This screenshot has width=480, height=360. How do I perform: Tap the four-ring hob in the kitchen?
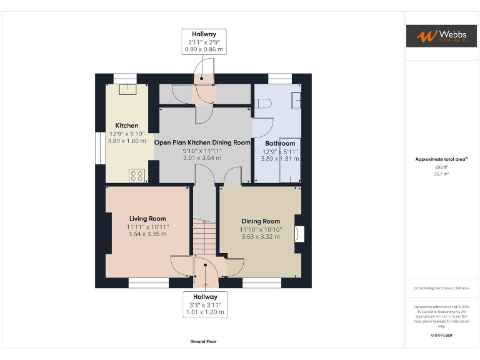pyautogui.click(x=137, y=176)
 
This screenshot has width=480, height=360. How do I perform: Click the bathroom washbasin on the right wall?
pyautogui.click(x=296, y=99)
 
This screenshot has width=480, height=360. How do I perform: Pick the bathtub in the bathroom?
pyautogui.click(x=291, y=160)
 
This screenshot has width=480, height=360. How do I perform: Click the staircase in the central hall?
pyautogui.click(x=203, y=236)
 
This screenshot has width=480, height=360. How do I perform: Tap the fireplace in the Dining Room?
pyautogui.click(x=299, y=233)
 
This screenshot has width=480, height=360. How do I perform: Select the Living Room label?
pyautogui.click(x=147, y=219)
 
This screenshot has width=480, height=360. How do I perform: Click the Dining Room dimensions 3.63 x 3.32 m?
pyautogui.click(x=261, y=237)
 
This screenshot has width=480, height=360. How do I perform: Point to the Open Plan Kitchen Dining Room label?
pyautogui.click(x=202, y=142)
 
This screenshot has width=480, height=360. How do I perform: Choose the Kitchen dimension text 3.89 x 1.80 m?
pyautogui.click(x=127, y=141)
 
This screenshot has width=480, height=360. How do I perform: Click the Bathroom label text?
pyautogui.click(x=279, y=144)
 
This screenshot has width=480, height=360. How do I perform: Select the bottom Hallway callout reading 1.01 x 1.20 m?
pyautogui.click(x=204, y=312)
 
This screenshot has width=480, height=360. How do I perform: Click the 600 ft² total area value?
pyautogui.click(x=441, y=167)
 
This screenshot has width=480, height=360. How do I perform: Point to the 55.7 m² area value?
pyautogui.click(x=441, y=174)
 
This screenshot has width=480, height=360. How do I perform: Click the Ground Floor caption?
pyautogui.click(x=203, y=342)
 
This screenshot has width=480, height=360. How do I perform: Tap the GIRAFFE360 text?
pyautogui.click(x=441, y=336)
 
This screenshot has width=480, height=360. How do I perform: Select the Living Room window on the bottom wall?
pyautogui.click(x=149, y=284)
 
